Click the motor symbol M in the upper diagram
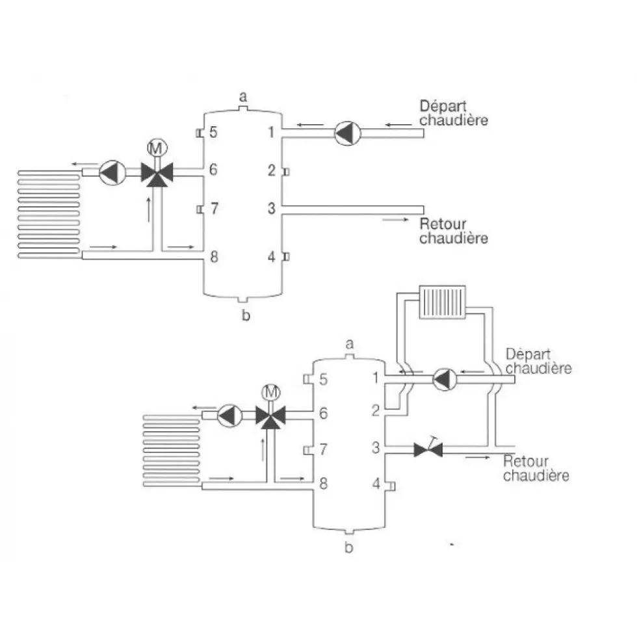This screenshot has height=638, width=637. click(157, 148)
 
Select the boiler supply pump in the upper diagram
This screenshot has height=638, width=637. click(347, 133)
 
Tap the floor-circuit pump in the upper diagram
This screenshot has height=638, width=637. click(112, 172)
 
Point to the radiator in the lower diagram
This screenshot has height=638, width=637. click(443, 302)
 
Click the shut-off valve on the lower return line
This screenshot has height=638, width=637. click(428, 448)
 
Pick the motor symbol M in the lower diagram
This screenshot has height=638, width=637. click(271, 392)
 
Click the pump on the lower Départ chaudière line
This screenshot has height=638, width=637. click(445, 379)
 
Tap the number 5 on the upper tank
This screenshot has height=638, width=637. click(213, 132)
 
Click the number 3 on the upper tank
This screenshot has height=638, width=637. click(271, 208)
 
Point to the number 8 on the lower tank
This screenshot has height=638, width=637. click(324, 483)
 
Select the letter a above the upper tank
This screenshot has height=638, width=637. click(243, 97)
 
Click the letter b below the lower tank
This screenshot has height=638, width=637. click(348, 548)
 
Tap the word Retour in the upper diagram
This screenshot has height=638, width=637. click(443, 224)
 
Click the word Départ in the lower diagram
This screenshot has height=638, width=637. click(528, 354)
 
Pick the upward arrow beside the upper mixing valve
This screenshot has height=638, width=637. click(149, 209)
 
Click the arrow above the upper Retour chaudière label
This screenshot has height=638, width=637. click(395, 220)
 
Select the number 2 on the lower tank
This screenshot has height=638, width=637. click(376, 410)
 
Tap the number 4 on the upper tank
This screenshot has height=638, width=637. click(271, 257)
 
